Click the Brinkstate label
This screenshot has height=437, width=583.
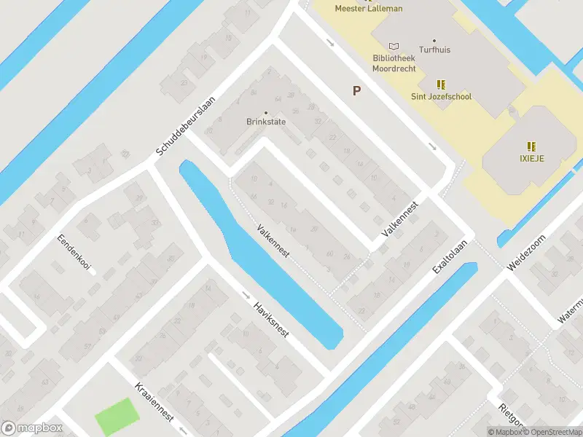(x=265, y=122)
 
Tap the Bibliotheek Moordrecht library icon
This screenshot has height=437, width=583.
(x=394, y=45)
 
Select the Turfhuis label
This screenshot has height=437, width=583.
(x=434, y=50)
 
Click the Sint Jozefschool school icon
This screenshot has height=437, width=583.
(x=441, y=84)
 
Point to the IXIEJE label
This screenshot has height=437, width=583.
(x=532, y=157)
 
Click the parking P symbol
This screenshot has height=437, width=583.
(x=356, y=91)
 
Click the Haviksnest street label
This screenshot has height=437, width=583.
(x=271, y=318)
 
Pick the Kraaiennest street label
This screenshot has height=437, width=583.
(x=154, y=401)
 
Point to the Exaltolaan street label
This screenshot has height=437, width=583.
(x=448, y=256)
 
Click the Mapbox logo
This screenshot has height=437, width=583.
(x=31, y=428)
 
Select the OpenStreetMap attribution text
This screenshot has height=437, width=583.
(x=549, y=432)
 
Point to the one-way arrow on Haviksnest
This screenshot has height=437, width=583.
(x=246, y=296)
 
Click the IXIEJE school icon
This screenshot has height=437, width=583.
(x=532, y=146)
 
